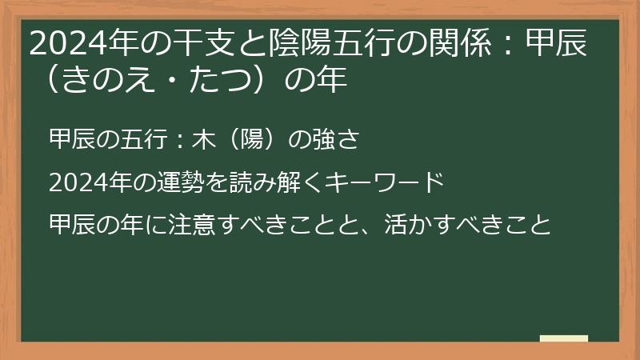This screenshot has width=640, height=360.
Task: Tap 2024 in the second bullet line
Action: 73,182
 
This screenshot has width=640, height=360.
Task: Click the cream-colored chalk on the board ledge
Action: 563,338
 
